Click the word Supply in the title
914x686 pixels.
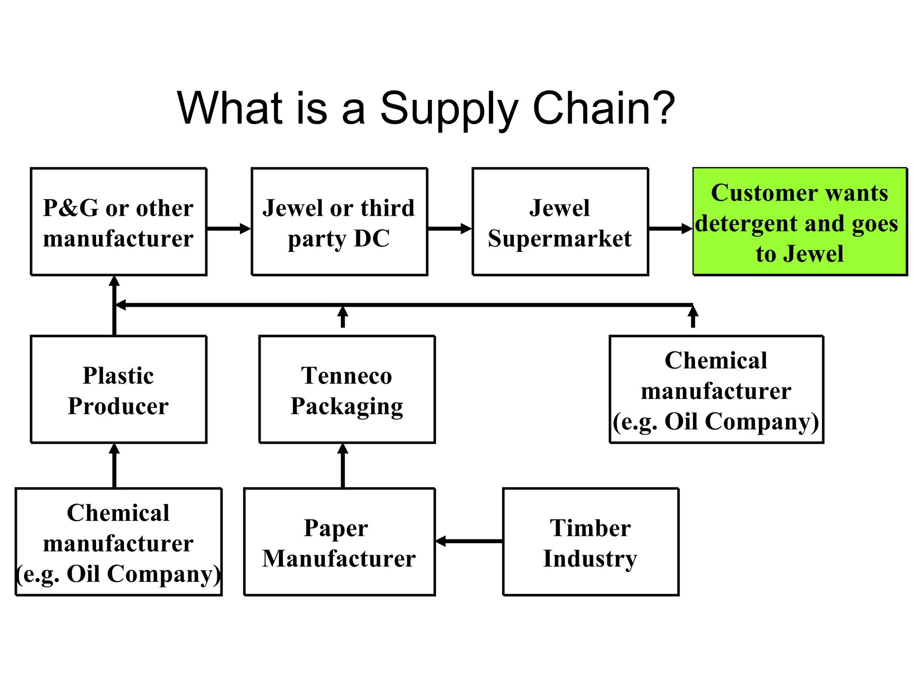click(x=449, y=109)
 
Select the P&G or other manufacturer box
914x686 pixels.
click(x=118, y=222)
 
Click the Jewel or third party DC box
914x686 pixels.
click(x=339, y=222)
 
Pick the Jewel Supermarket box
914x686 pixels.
click(x=560, y=222)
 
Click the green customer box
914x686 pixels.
click(x=800, y=222)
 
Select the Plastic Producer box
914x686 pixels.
click(x=118, y=389)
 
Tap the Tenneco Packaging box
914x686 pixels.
click(x=347, y=389)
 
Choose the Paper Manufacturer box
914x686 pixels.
click(x=339, y=542)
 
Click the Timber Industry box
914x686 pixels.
click(x=590, y=542)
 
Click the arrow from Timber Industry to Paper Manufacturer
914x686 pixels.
click(x=469, y=541)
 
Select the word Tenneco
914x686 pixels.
click(x=346, y=375)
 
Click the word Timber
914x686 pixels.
click(x=590, y=528)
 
